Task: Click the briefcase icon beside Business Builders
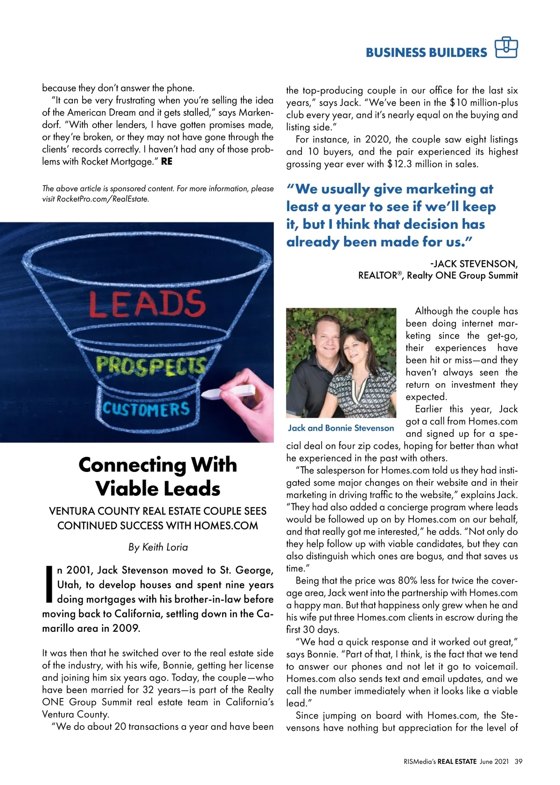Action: (x=506, y=48)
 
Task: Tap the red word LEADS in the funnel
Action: (x=147, y=304)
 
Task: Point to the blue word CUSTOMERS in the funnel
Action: (x=146, y=409)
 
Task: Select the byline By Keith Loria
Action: (x=158, y=547)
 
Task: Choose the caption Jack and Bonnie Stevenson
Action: (x=341, y=428)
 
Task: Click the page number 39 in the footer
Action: (x=518, y=761)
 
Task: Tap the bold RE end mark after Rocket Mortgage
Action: (x=167, y=162)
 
